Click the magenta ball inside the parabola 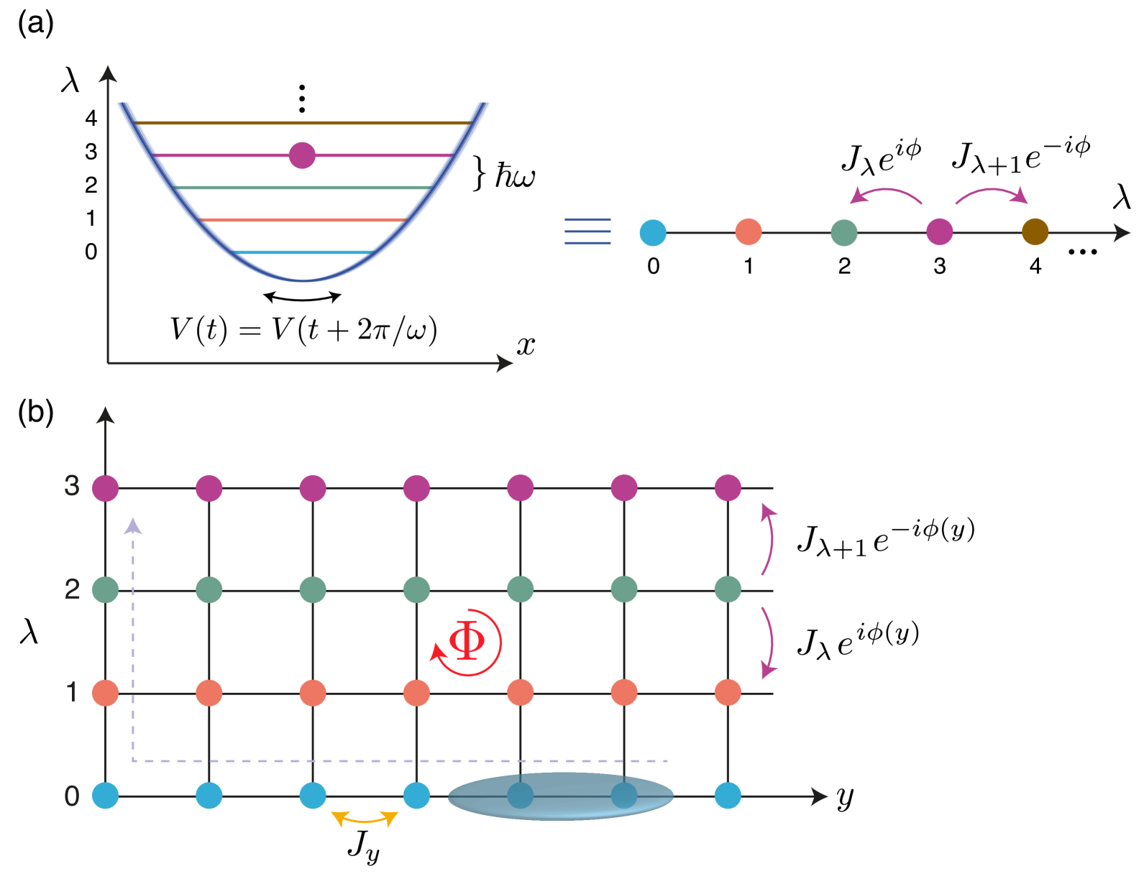pyautogui.click(x=302, y=155)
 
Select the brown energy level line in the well pyautogui.click(x=302, y=123)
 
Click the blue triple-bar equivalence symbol pyautogui.click(x=587, y=232)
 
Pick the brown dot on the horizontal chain pyautogui.click(x=1035, y=232)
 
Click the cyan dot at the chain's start pyautogui.click(x=653, y=233)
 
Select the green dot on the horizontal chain pyautogui.click(x=843, y=233)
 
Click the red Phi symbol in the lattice pyautogui.click(x=467, y=641)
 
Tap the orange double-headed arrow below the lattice pyautogui.click(x=365, y=819)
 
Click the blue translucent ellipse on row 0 pyautogui.click(x=561, y=796)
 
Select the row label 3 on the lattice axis pyautogui.click(x=72, y=487)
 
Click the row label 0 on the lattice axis pyautogui.click(x=72, y=796)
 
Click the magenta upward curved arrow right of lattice pyautogui.click(x=769, y=539)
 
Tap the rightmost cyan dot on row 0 pyautogui.click(x=728, y=796)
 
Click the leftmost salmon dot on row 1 pyautogui.click(x=106, y=693)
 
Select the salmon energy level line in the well pyautogui.click(x=302, y=220)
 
